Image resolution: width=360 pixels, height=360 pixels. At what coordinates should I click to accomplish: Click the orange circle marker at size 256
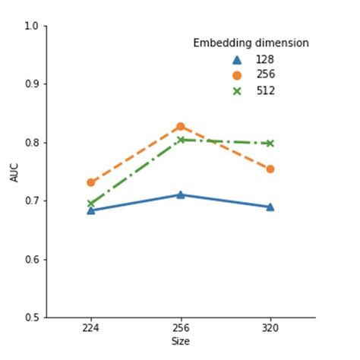click(x=181, y=126)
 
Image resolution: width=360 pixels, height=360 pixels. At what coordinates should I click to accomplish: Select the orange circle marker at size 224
click(x=91, y=182)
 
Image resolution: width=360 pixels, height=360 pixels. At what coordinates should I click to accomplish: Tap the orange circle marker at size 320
click(x=270, y=169)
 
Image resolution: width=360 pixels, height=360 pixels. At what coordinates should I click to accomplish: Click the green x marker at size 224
click(x=91, y=204)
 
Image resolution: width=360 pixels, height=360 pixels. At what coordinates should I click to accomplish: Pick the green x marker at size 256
click(x=181, y=140)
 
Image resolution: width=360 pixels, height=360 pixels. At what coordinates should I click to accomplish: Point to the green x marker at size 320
click(x=270, y=143)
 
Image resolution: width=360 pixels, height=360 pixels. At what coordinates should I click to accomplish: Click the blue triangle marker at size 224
click(x=91, y=210)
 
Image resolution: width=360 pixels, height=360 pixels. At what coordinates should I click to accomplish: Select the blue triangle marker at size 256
click(x=181, y=194)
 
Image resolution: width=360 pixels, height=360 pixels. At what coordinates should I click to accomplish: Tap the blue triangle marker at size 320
click(x=270, y=207)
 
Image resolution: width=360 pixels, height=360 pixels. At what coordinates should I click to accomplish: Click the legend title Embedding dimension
click(x=251, y=43)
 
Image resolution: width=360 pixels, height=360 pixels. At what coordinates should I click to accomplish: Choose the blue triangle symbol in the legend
click(x=237, y=59)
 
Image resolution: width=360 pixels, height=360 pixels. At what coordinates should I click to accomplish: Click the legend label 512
click(x=265, y=91)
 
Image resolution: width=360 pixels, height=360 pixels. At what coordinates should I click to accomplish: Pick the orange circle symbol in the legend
click(x=237, y=75)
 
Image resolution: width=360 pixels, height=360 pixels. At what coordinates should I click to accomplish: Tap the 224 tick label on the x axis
click(x=91, y=329)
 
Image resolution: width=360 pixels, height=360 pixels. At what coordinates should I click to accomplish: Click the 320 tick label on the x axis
click(x=270, y=329)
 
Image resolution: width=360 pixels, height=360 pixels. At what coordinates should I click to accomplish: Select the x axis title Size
click(x=180, y=342)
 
